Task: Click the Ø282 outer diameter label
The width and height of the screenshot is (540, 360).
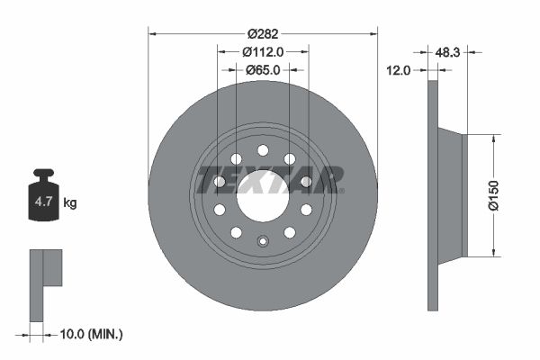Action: point(262,33)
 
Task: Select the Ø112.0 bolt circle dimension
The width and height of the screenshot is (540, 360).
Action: point(262,51)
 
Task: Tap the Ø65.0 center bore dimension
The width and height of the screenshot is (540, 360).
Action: point(262,69)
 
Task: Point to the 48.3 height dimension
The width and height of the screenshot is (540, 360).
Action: point(447,53)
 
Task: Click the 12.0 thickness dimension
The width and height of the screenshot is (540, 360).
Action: point(399,69)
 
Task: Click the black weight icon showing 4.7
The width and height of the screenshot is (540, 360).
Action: point(44,200)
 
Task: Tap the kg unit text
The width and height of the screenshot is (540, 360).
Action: point(70,203)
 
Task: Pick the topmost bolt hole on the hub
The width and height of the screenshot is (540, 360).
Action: point(263,150)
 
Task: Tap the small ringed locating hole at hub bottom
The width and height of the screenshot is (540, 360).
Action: point(263,240)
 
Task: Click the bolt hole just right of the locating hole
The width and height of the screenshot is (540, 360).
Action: point(290,232)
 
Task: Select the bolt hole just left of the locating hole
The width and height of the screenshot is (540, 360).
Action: point(236,232)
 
